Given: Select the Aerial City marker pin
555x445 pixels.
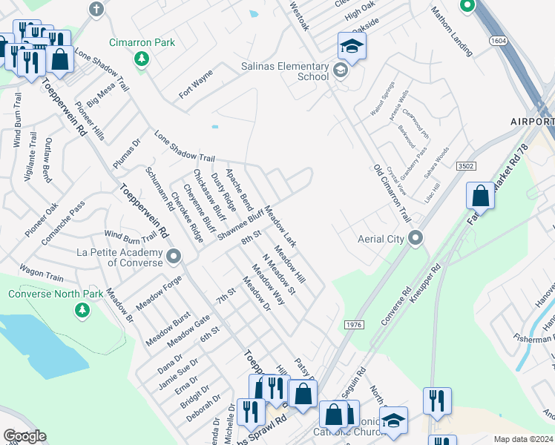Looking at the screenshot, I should coord(416,238).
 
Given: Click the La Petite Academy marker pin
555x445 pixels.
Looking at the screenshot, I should coord(174,257).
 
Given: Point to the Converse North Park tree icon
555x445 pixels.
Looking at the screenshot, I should coord(82,311).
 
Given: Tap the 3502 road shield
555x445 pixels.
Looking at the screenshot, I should coord(464,167).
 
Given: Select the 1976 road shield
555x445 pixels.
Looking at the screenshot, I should coord(354,326).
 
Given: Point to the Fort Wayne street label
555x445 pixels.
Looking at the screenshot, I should coord(196,85).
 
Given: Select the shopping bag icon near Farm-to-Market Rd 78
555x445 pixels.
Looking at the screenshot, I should coord(480,197).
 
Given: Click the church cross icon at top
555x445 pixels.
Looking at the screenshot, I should coord(96,9).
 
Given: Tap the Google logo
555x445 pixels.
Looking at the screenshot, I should coord(24,436).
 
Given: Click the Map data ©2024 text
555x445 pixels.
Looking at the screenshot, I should coord(523,439).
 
